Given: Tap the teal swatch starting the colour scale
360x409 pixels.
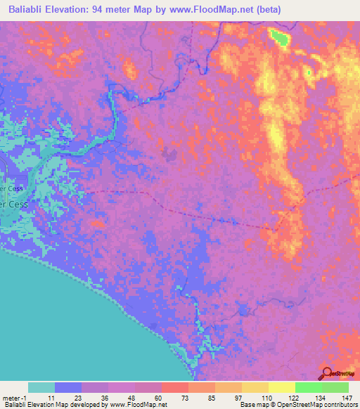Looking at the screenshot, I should coord(41,387).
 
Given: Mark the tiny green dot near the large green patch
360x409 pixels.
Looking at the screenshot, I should coord(309,72).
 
